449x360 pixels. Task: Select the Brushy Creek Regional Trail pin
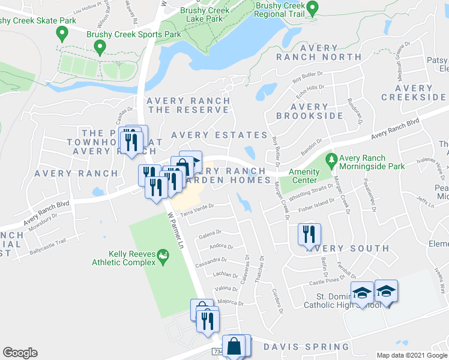click(x=312, y=8)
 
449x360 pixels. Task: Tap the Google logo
click(x=20, y=353)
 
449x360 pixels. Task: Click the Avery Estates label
click(x=219, y=135)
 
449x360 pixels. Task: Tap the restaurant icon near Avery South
click(x=309, y=235)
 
